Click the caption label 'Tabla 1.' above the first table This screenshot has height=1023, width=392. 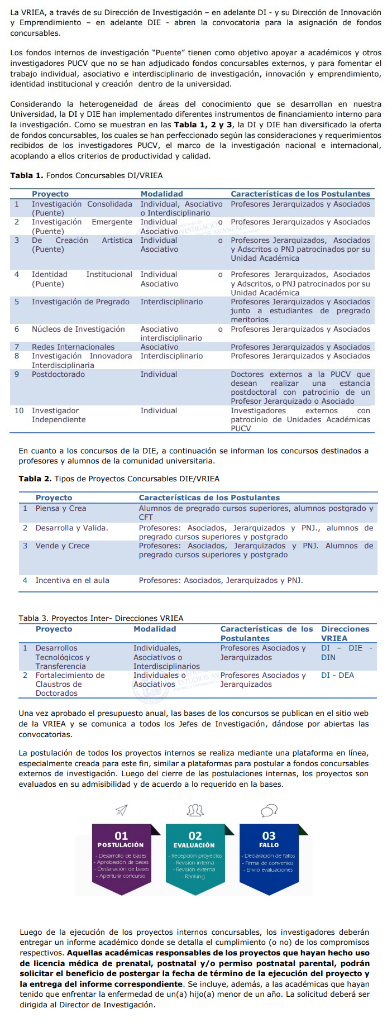coord(26,175)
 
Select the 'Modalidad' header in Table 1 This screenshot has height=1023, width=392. coord(161,194)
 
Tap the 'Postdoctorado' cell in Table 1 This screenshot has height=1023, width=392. coord(58,374)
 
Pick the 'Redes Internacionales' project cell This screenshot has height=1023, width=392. coord(73,347)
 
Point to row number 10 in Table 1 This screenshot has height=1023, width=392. coord(19,410)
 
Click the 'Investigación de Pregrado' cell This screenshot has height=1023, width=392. coord(80,302)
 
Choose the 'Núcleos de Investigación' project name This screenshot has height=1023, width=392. coord(78,329)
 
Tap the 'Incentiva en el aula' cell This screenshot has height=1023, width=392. coord(72,580)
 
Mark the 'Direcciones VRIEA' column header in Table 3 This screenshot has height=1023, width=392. coord(345,633)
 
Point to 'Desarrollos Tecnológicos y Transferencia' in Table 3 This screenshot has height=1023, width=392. coord(62,657)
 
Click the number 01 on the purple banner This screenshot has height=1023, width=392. coord(121,836)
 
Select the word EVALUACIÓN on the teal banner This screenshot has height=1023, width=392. coord(194,845)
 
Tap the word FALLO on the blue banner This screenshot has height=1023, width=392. coord(269,845)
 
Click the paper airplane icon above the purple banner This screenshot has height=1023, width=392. coord(121,810)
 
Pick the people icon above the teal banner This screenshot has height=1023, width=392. coord(195,810)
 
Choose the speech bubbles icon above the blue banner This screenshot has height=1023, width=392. coord(269,810)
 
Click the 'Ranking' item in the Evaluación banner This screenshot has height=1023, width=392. coord(195,877)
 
